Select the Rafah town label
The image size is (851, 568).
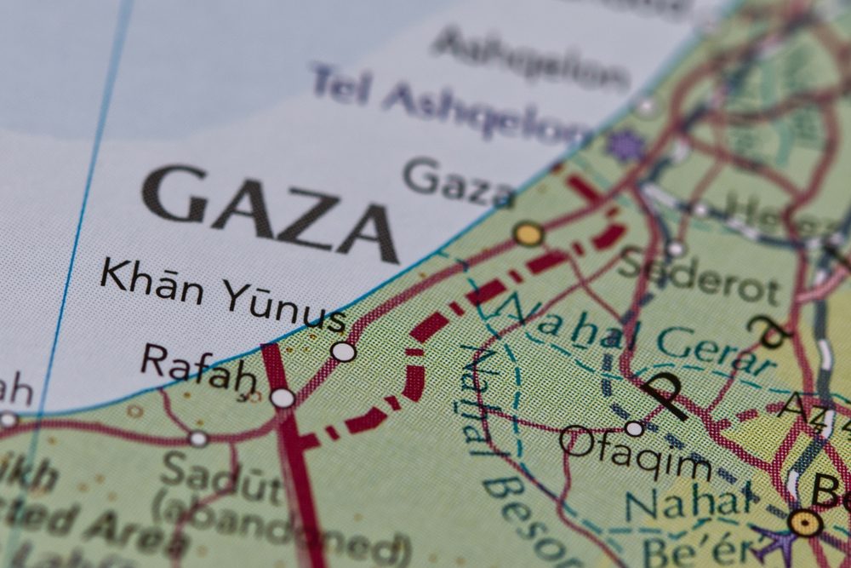click(198, 369)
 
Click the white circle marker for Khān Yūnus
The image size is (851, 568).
click(343, 351)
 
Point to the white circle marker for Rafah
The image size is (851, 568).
click(283, 398)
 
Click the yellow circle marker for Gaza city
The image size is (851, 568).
click(528, 233)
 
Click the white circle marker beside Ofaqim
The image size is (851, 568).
click(634, 428)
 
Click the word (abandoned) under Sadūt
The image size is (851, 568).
click(281, 532)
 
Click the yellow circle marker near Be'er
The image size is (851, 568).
click(804, 522)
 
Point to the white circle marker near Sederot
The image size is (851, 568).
click(676, 249)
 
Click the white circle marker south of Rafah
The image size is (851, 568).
click(197, 439)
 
